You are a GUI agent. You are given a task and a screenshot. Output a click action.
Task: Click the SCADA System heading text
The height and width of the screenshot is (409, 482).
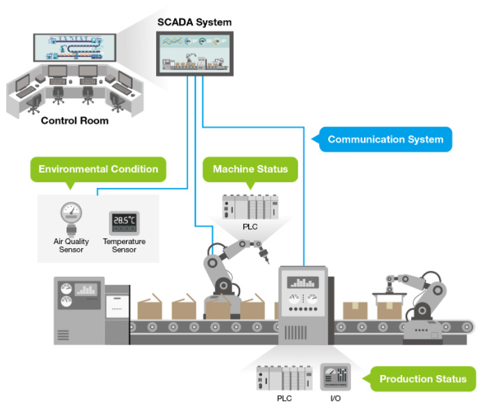(194, 22)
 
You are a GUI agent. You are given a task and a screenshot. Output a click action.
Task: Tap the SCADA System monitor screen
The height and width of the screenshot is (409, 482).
(195, 53)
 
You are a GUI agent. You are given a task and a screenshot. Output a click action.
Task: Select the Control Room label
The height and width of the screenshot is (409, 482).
(75, 121)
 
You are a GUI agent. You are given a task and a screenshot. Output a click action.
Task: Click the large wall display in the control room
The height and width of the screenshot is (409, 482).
(75, 48)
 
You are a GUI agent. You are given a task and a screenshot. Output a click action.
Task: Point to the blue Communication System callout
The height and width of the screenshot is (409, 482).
(386, 139)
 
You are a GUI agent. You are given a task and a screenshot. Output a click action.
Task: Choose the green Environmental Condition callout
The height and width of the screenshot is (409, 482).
(98, 169)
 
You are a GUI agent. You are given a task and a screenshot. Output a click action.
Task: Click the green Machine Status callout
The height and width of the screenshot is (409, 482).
(250, 169)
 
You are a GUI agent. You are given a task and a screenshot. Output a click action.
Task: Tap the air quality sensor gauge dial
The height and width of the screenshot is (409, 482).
(71, 212)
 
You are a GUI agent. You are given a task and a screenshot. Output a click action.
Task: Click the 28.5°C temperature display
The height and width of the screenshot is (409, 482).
(124, 223)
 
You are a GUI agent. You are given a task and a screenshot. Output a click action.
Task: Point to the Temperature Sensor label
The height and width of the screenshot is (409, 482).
(124, 245)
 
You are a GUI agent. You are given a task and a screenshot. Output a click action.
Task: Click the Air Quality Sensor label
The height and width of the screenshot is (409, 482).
(71, 245)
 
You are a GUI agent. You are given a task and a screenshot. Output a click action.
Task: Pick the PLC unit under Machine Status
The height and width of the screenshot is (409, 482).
(250, 207)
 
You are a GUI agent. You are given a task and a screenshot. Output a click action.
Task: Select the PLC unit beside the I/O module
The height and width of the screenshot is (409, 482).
(284, 378)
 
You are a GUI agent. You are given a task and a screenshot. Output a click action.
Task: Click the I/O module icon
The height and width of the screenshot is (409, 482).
(336, 376)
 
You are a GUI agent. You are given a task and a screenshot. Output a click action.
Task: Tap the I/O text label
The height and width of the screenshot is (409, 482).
(336, 398)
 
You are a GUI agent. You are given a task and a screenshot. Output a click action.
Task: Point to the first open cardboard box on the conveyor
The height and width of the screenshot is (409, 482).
(150, 307)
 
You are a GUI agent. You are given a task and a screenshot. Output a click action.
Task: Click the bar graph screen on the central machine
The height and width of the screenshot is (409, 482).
(303, 282)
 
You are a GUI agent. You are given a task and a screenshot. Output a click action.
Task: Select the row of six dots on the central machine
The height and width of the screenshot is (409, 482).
(303, 308)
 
